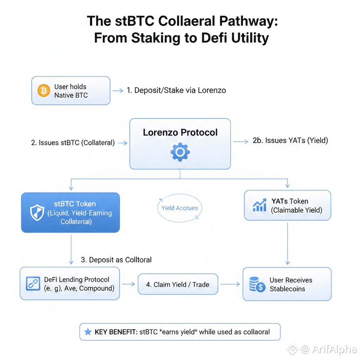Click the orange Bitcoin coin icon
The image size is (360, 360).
pos(43,90)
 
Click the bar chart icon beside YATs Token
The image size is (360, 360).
pos(260,205)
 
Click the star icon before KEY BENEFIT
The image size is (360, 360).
pos(87,332)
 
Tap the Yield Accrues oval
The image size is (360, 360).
pos(180,208)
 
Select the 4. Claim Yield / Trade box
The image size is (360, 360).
pos(178,285)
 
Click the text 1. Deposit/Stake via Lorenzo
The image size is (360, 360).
pos(176,90)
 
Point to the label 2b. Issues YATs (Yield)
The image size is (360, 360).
pos(290,140)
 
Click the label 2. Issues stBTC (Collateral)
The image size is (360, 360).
pos(73,143)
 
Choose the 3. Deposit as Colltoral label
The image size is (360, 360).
pos(116,260)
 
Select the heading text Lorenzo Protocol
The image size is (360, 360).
pos(180,132)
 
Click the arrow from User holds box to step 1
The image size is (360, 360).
pos(117,90)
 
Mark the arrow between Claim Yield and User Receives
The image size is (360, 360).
pos(233,285)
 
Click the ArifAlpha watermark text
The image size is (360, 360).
pos(333,349)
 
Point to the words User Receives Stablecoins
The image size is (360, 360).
pos(290,284)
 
